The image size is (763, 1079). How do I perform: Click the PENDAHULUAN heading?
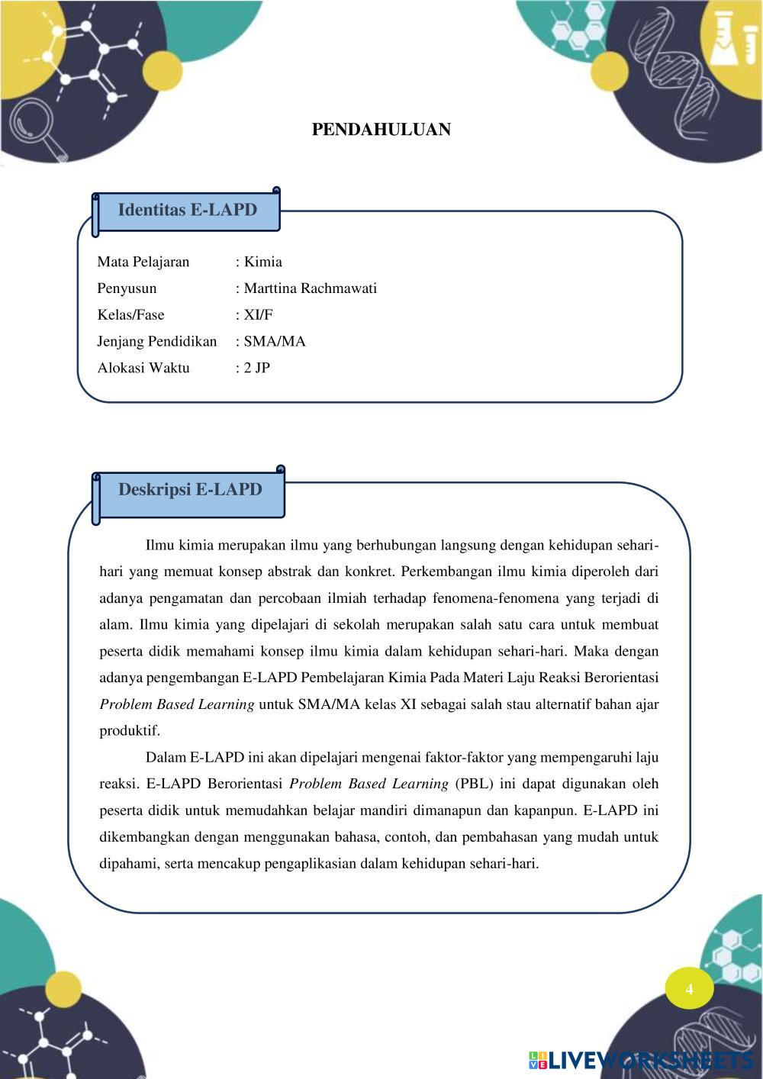point(381,130)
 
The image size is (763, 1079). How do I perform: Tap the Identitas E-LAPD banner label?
point(187,210)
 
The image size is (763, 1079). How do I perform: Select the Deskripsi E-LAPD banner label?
point(190,490)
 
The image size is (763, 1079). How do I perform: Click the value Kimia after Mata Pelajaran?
point(262,262)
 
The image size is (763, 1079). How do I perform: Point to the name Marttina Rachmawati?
point(310,288)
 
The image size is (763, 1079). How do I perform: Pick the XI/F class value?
point(258,315)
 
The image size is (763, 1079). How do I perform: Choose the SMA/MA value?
point(274,341)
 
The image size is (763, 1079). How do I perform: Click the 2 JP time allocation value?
point(256,368)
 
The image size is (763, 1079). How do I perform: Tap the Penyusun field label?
point(127,288)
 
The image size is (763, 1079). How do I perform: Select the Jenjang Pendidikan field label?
point(157,341)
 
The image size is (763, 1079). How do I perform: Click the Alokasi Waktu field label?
point(143,368)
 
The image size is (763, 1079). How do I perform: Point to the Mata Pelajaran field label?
point(143,262)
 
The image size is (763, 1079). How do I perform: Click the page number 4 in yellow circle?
point(689,989)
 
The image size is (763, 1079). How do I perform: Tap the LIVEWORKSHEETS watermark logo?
point(641,1060)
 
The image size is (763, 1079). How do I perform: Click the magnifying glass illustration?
point(34,122)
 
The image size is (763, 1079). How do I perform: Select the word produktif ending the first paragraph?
point(130,731)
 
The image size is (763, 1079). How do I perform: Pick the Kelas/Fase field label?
point(130,315)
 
